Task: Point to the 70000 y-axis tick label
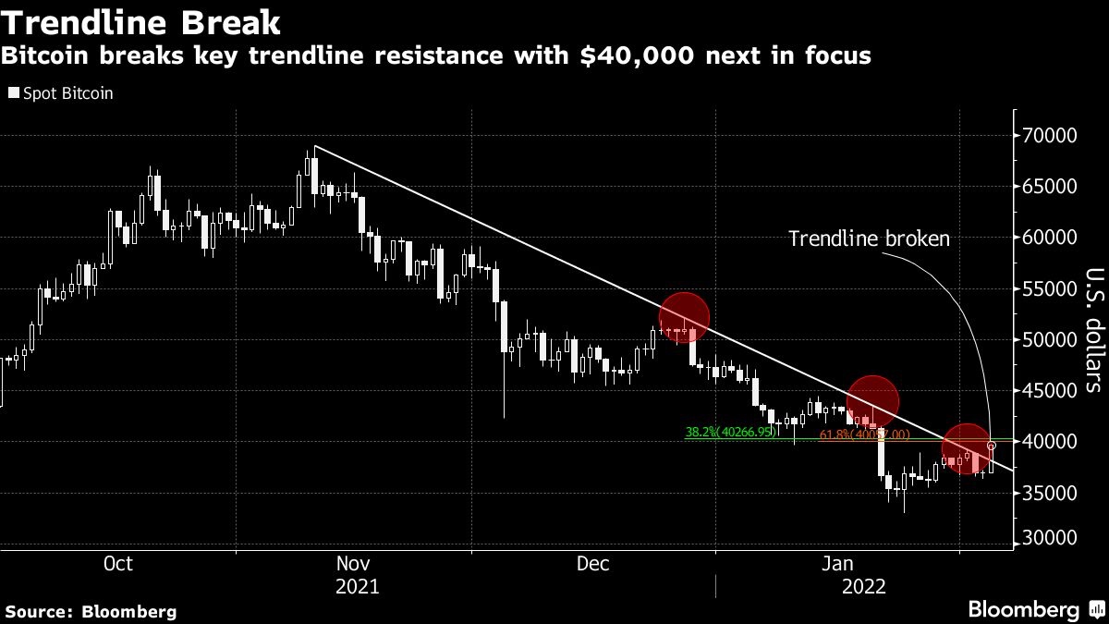point(1051,136)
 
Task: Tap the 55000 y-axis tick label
point(1051,289)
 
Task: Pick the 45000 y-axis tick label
point(1051,391)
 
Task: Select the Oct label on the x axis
point(118,563)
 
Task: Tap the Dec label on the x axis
point(591,563)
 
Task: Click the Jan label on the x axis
point(836,563)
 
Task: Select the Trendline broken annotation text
point(868,239)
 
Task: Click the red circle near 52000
point(684,317)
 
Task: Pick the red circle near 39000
point(966,448)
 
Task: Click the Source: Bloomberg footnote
point(91,611)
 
